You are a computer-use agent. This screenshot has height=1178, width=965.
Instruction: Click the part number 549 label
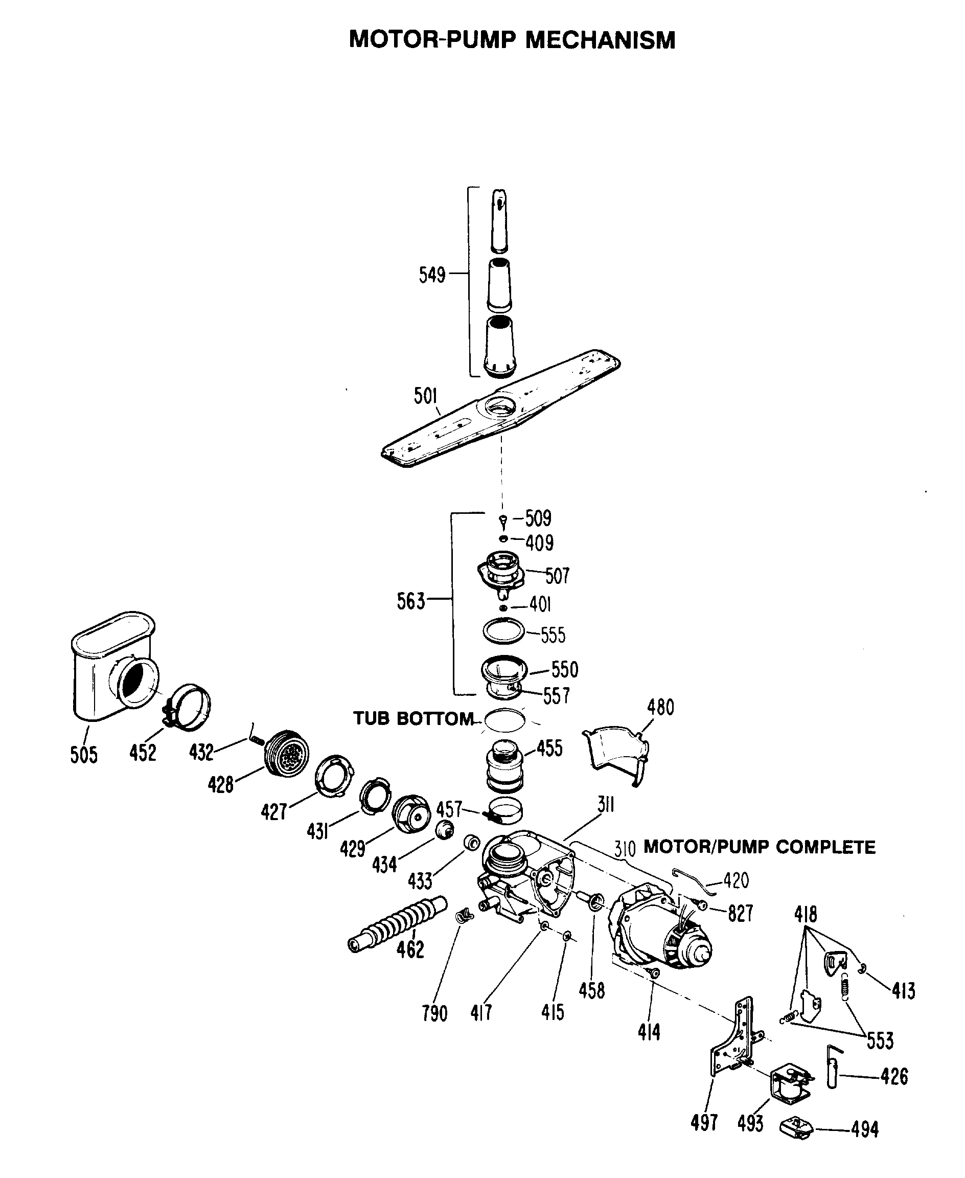pyautogui.click(x=432, y=275)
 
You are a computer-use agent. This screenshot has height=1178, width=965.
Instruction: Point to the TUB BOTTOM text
pyautogui.click(x=413, y=718)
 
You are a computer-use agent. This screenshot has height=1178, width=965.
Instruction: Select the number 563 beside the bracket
pyautogui.click(x=410, y=601)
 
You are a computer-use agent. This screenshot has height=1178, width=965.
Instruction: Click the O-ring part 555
pyautogui.click(x=503, y=631)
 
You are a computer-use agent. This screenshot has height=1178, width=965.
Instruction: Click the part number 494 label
pyautogui.click(x=864, y=1129)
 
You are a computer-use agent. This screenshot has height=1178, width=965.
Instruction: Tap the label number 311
pyautogui.click(x=605, y=804)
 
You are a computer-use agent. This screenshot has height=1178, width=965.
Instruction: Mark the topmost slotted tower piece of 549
pyautogui.click(x=499, y=220)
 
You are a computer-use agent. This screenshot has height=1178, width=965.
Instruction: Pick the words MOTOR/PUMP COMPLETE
pyautogui.click(x=759, y=847)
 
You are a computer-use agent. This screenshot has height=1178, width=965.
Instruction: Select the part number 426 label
pyautogui.click(x=894, y=1077)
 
